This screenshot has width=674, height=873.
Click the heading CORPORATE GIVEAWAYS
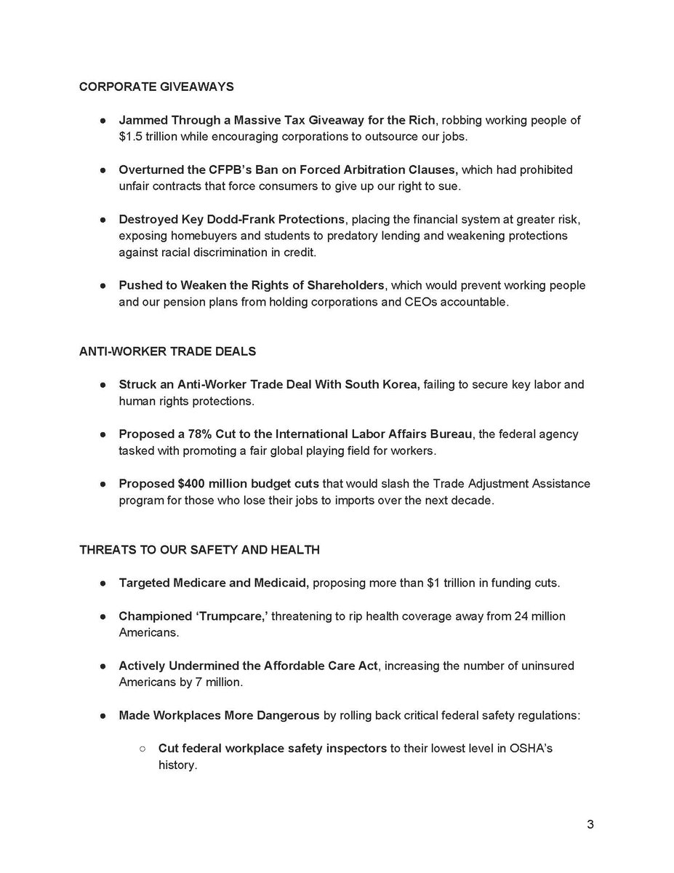point(156,87)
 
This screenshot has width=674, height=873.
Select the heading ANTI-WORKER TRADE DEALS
point(167,351)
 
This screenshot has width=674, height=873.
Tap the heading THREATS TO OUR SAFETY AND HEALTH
point(199,550)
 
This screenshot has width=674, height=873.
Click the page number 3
point(590,825)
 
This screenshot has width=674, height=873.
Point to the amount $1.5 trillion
point(151,135)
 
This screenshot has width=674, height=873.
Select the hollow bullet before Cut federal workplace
point(143,749)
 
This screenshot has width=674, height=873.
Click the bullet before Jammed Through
point(104,120)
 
